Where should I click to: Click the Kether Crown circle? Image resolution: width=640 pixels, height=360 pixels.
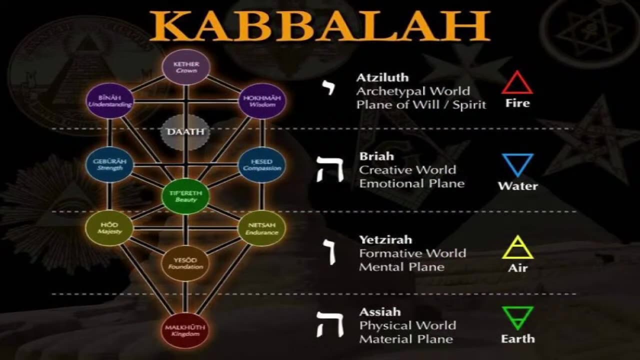pyautogui.click(x=186, y=67)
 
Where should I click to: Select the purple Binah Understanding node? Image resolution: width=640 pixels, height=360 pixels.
pyautogui.click(x=110, y=101)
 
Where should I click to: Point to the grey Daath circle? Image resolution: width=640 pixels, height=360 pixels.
pyautogui.click(x=185, y=132)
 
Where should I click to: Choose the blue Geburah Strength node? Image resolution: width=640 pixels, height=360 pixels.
pyautogui.click(x=110, y=165)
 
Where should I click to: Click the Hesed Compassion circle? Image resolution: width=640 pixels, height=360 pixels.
pyautogui.click(x=262, y=165)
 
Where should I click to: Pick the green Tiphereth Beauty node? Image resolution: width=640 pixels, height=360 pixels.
pyautogui.click(x=186, y=196)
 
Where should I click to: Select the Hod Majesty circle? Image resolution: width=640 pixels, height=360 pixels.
pyautogui.click(x=109, y=228)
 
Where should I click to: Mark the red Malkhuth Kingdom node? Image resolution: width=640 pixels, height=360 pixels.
pyautogui.click(x=185, y=330)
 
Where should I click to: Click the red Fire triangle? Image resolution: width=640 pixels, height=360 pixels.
pyautogui.click(x=517, y=83)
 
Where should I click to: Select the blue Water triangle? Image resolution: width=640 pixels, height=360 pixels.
pyautogui.click(x=517, y=164)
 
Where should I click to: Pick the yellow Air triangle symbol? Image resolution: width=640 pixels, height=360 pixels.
pyautogui.click(x=517, y=247)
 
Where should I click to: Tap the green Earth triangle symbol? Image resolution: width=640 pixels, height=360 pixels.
pyautogui.click(x=517, y=318)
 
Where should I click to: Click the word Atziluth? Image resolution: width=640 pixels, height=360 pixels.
pyautogui.click(x=382, y=77)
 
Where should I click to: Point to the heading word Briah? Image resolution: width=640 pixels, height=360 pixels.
pyautogui.click(x=376, y=156)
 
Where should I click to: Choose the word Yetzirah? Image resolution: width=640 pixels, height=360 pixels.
pyautogui.click(x=385, y=239)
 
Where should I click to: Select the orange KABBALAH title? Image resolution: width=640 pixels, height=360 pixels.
pyautogui.click(x=319, y=25)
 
